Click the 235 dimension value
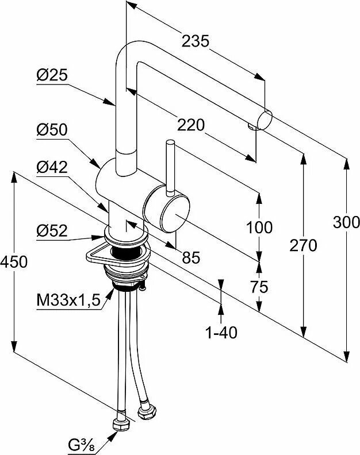(x=195, y=40)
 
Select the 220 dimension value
(x=192, y=124)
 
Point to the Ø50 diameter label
(x=51, y=130)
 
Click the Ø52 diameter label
(x=51, y=230)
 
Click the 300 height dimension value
(x=346, y=222)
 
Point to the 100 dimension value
(x=259, y=227)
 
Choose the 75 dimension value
(x=259, y=287)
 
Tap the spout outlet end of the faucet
(x=264, y=121)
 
